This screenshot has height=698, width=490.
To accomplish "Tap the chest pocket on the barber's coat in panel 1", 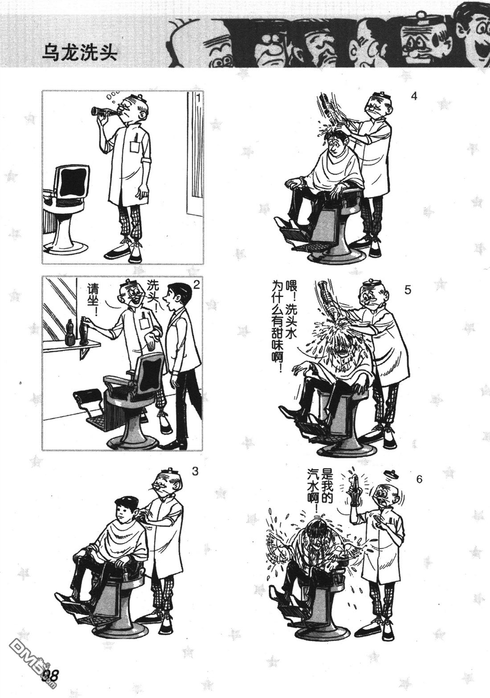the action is [135, 147].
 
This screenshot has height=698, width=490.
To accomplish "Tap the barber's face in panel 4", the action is [376, 108].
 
